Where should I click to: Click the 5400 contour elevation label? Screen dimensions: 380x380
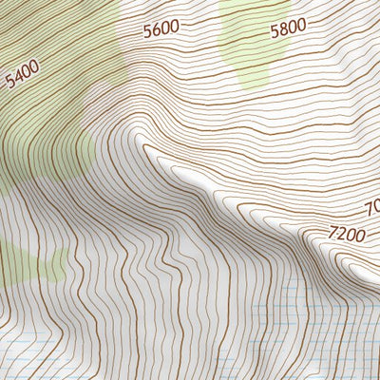(22, 73)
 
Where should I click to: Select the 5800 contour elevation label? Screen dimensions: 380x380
(288, 28)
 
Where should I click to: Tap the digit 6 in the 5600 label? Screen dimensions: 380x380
(156, 29)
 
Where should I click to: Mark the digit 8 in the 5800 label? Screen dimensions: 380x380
(283, 28)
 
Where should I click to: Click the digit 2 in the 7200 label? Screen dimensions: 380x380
(341, 234)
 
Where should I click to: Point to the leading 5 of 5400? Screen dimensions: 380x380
(9, 82)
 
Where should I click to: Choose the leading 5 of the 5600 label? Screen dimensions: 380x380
(147, 30)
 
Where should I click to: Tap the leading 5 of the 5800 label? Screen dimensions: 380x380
(275, 28)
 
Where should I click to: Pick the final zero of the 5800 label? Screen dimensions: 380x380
(301, 28)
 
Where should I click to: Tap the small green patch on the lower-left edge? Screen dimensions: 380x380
(28, 261)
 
